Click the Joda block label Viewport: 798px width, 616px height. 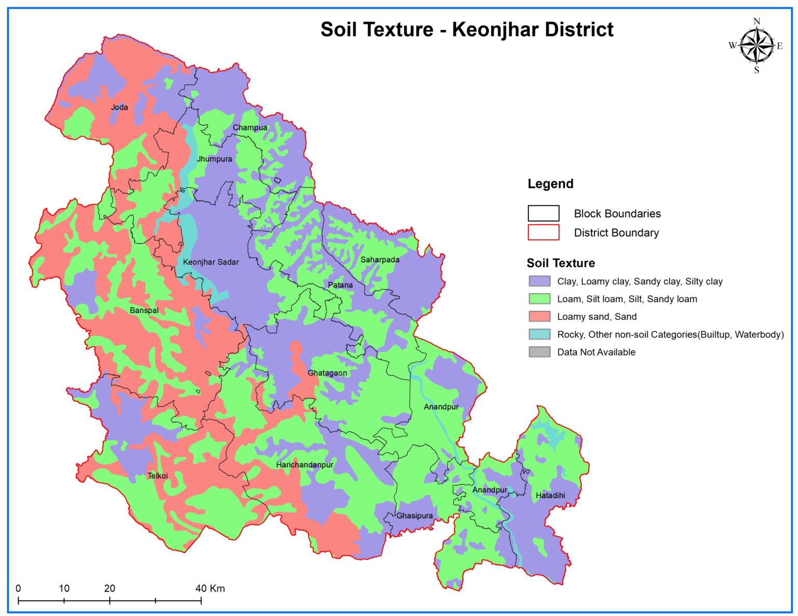click(119, 107)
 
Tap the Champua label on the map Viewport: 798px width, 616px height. click(250, 128)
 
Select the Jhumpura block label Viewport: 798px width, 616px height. click(214, 159)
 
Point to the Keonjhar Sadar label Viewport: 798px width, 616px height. click(210, 262)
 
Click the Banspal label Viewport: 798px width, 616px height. click(144, 310)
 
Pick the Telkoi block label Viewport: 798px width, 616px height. click(157, 475)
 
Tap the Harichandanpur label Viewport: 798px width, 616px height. click(304, 464)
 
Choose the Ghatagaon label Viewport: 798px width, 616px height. click(327, 373)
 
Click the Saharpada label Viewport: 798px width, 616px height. click(380, 259)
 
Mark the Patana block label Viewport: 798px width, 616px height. click(340, 285)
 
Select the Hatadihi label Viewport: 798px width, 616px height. click(550, 495)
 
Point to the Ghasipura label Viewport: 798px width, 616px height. click(414, 516)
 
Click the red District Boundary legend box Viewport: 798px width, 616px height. click(543, 232)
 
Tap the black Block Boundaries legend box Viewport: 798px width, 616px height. click(543, 213)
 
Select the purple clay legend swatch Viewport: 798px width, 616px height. click(539, 281)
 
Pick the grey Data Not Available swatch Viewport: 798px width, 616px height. click(539, 352)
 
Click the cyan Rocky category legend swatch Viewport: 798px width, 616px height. click(539, 334)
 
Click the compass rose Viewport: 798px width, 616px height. click(756, 46)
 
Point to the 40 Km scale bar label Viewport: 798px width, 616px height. click(210, 588)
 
